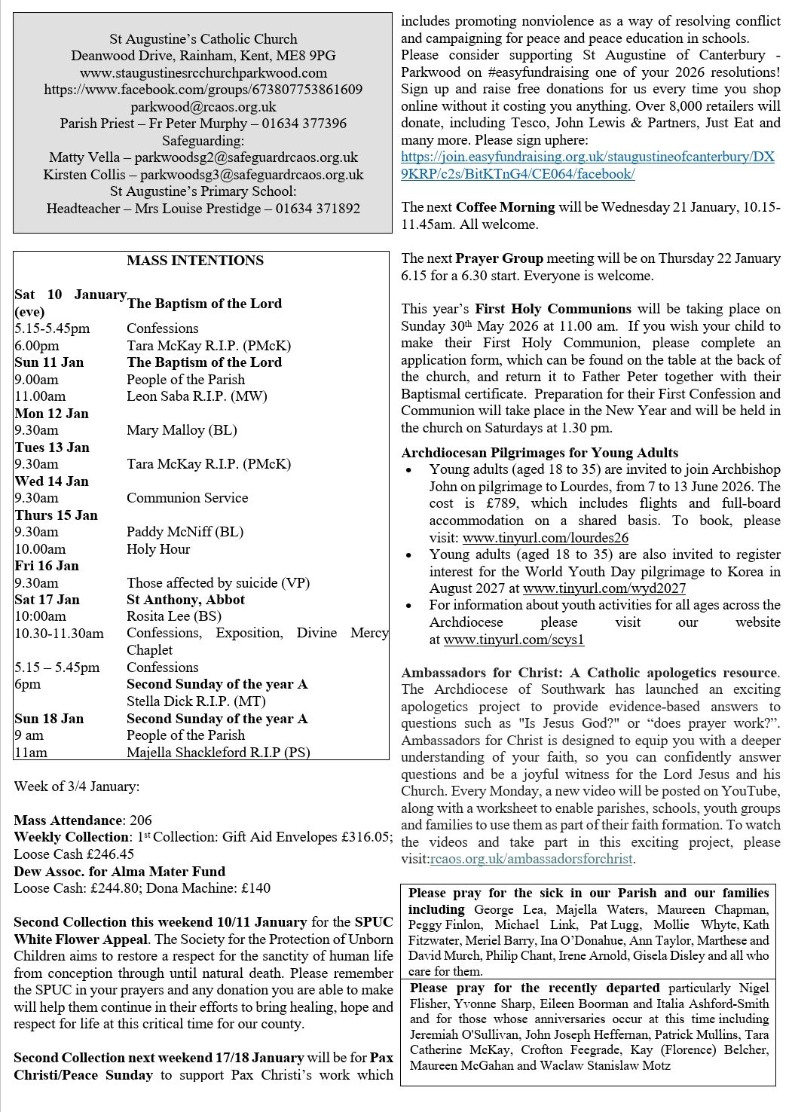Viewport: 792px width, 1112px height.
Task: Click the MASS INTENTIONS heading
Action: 195,261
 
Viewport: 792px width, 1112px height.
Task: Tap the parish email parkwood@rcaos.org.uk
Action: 203,106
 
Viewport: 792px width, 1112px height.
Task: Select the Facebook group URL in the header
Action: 203,89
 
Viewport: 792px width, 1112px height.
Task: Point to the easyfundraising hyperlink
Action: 588,165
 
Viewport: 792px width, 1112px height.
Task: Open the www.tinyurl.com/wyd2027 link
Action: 604,588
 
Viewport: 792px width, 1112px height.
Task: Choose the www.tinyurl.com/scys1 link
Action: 514,640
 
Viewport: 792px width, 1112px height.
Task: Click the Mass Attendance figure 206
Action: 141,820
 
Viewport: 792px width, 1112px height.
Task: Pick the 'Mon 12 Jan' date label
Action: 52,413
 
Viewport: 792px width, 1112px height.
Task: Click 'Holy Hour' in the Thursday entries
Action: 158,548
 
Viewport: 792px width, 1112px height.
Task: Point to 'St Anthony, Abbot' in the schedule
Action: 185,600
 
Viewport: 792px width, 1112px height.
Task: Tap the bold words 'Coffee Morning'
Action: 505,206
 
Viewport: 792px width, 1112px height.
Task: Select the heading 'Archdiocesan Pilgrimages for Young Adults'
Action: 540,453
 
